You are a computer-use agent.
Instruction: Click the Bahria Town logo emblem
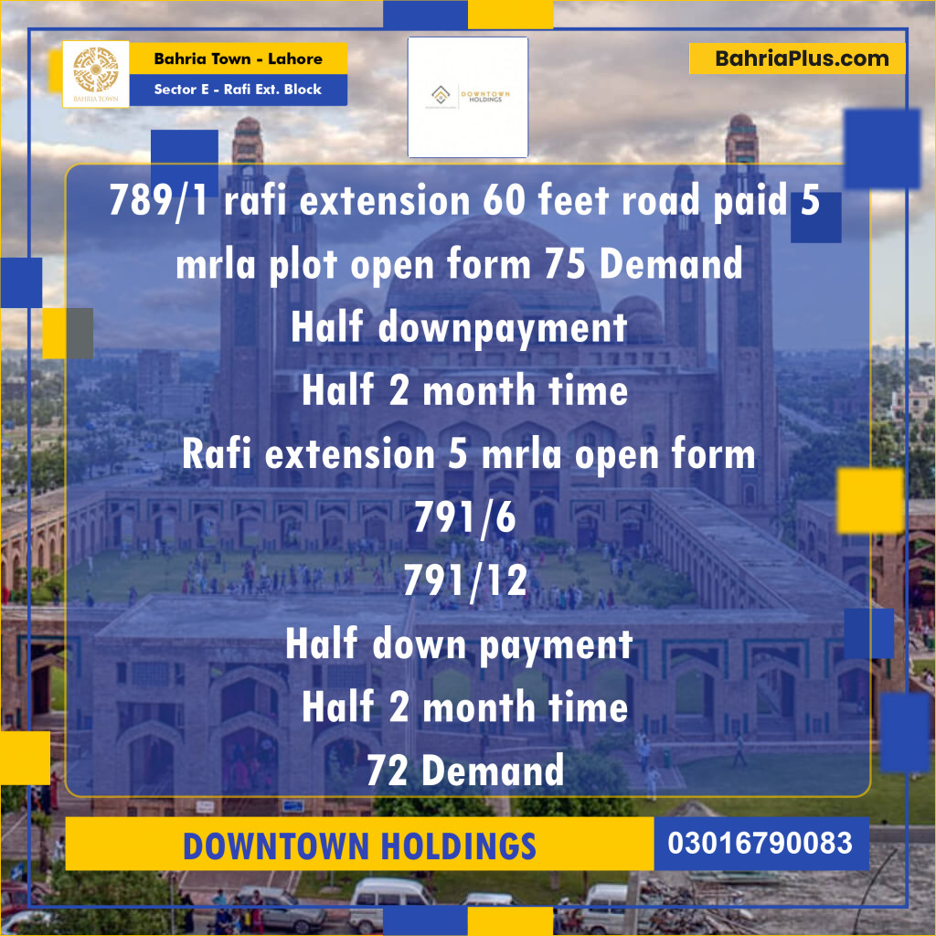tap(96, 71)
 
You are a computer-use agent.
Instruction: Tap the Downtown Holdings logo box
tap(468, 97)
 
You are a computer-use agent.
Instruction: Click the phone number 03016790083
tap(760, 843)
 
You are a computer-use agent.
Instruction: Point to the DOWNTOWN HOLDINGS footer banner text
tap(359, 846)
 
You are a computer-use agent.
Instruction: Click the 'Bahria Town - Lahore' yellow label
tap(238, 58)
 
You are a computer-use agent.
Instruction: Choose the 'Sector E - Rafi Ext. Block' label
tap(238, 90)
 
